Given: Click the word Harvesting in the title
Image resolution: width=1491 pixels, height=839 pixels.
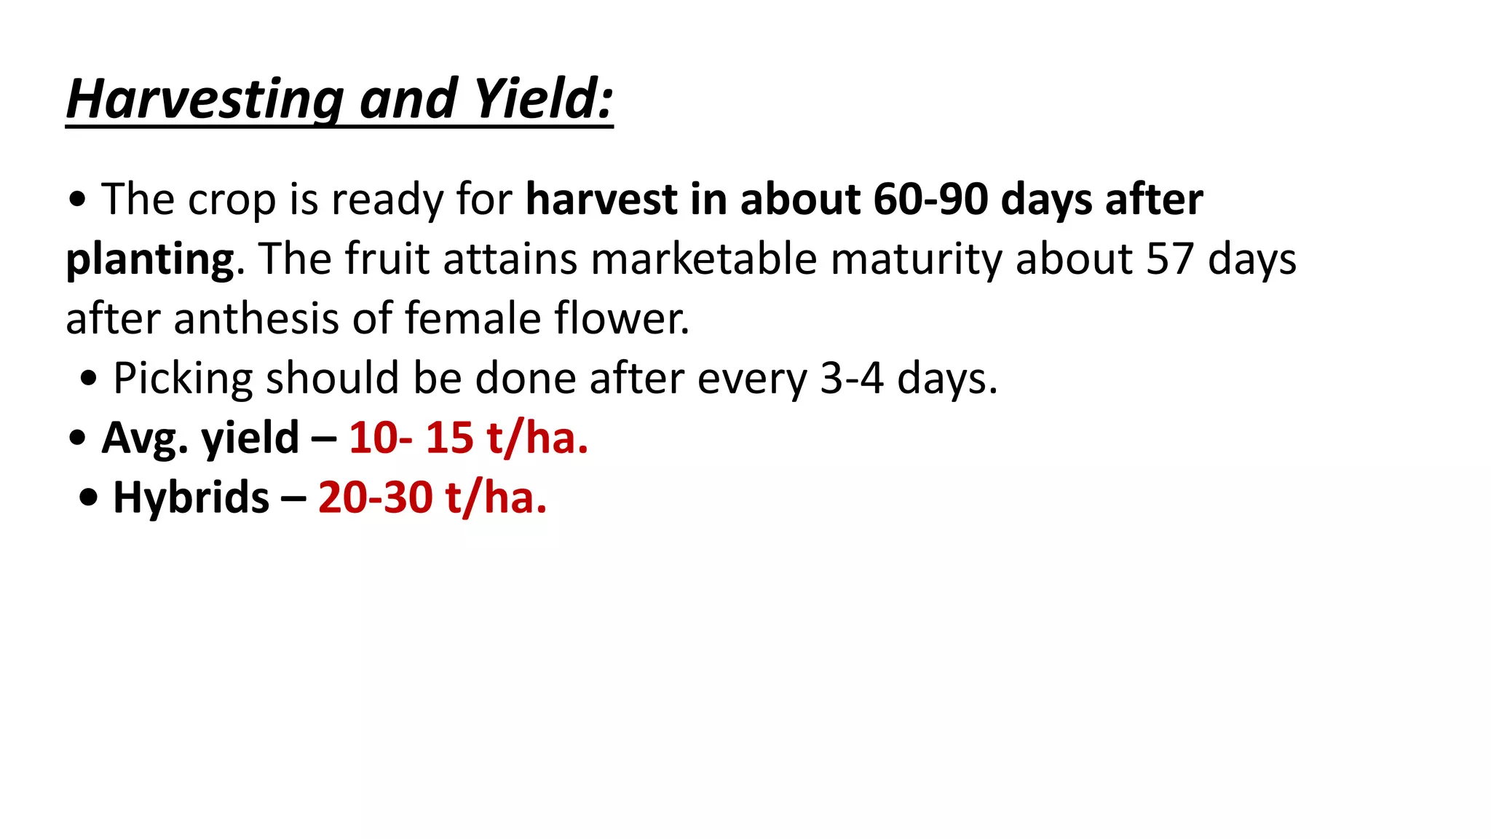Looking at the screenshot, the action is [205, 99].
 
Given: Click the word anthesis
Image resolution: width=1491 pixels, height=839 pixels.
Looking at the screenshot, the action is [256, 318].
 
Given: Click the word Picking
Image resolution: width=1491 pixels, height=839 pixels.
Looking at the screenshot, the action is [183, 379].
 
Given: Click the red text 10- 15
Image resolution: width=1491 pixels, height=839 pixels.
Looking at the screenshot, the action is [411, 438].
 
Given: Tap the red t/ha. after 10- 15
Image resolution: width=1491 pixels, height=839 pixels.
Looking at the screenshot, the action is [537, 438].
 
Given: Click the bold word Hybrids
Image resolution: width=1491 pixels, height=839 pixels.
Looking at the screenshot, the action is [191, 497].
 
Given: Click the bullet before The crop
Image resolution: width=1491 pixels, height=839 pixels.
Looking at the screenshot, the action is [76, 200].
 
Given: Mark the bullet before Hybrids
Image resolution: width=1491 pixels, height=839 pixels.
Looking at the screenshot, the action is [89, 499].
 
